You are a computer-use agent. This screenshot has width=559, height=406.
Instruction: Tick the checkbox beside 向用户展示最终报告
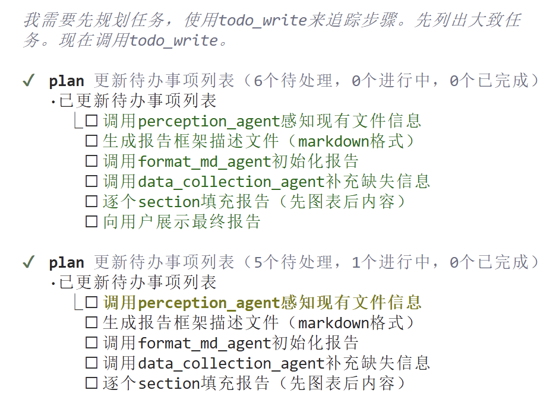(x=91, y=222)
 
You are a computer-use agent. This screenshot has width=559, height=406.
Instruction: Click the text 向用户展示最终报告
(x=182, y=222)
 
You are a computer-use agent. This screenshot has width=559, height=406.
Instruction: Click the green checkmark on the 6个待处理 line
(x=28, y=81)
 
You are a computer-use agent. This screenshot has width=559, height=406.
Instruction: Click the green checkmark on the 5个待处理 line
(x=28, y=262)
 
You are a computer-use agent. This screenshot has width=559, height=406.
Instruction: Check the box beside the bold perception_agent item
(x=91, y=303)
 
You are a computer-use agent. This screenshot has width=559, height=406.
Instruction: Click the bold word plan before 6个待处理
(x=67, y=81)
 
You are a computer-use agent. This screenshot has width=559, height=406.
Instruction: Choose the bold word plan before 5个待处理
(x=67, y=262)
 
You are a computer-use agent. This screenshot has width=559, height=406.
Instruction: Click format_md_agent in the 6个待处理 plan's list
(x=204, y=161)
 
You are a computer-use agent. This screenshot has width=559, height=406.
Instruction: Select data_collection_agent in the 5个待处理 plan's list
(x=232, y=363)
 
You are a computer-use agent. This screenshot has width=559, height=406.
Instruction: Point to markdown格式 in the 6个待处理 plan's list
(x=349, y=141)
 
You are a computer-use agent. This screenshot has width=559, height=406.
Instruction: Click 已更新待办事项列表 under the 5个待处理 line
(x=138, y=283)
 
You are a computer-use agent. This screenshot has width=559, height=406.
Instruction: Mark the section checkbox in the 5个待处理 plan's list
(x=91, y=383)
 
